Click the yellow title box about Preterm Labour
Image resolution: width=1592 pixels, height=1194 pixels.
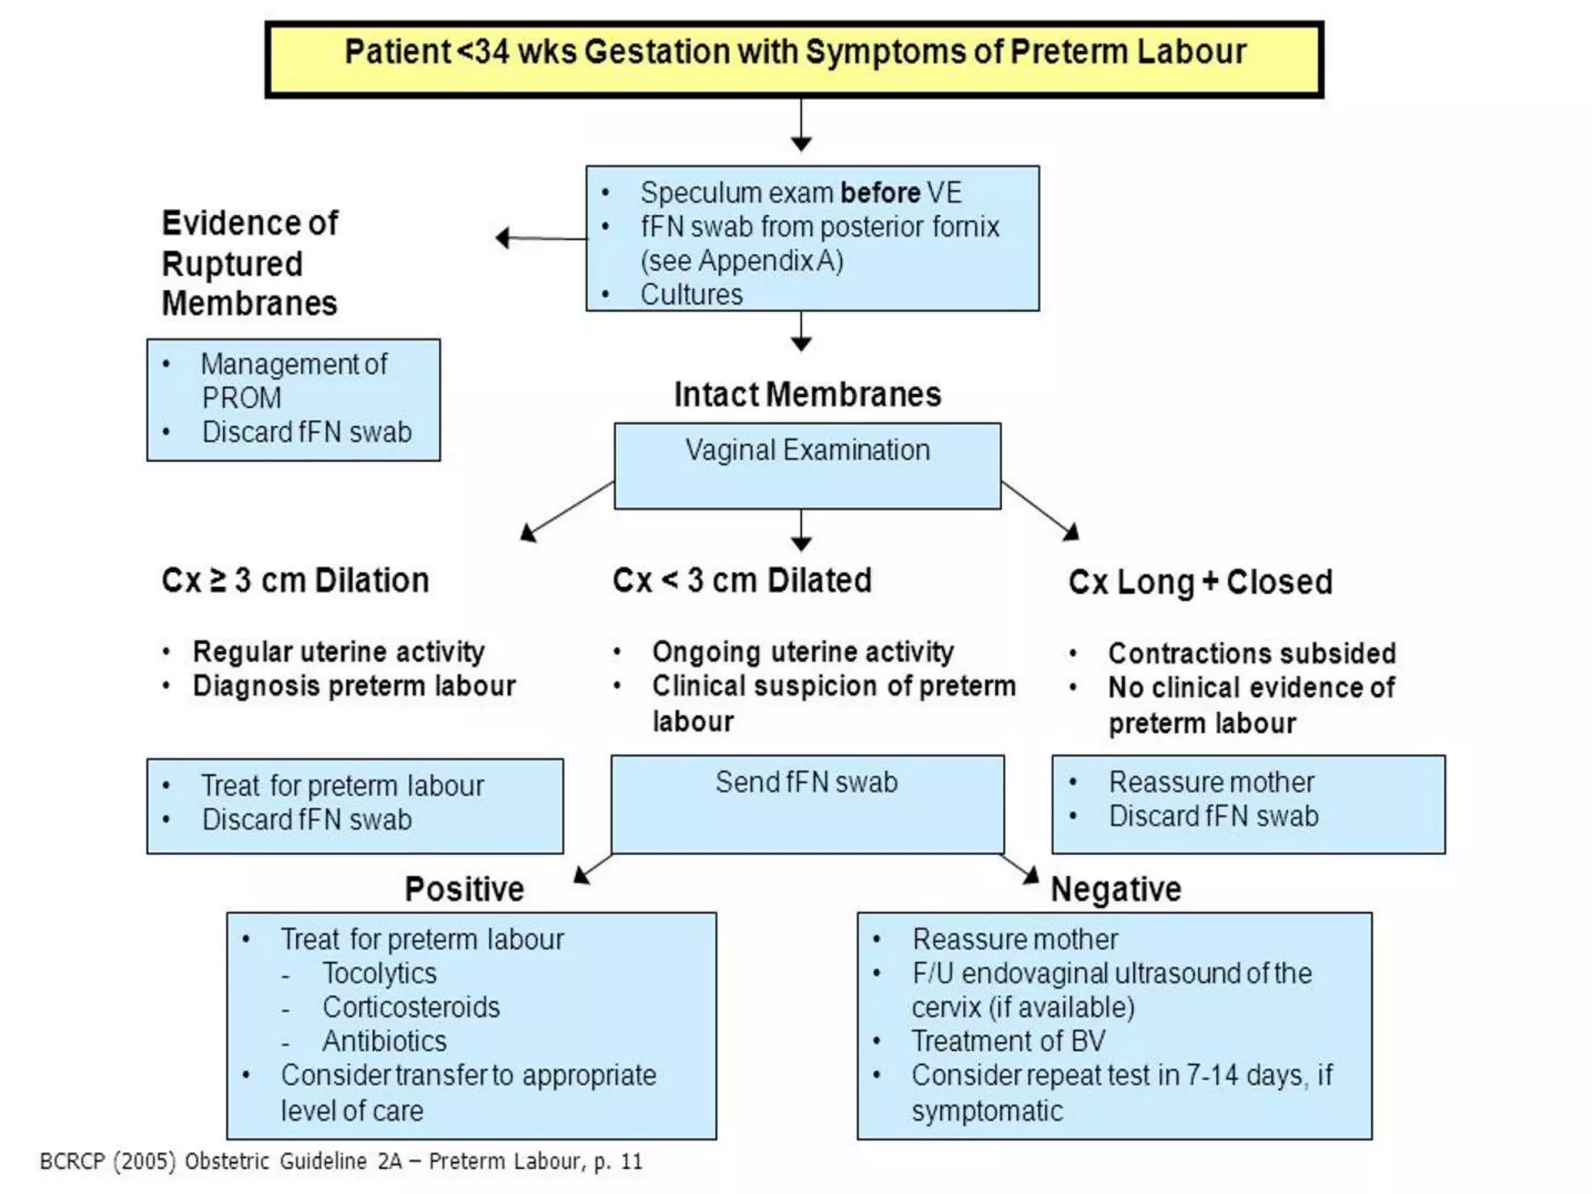pyautogui.click(x=794, y=59)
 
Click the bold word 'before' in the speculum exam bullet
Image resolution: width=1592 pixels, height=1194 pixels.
pyautogui.click(x=880, y=193)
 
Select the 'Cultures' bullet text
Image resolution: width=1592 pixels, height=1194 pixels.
pyautogui.click(x=691, y=295)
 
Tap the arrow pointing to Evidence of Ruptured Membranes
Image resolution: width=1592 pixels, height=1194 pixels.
pyautogui.click(x=540, y=238)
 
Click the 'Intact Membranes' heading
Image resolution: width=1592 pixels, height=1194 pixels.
pyautogui.click(x=807, y=394)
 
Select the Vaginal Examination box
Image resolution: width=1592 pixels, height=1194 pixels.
pyautogui.click(x=807, y=466)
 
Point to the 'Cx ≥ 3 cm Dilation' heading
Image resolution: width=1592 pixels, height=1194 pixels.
pyautogui.click(x=295, y=581)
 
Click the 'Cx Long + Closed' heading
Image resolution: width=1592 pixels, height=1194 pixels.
pyautogui.click(x=1199, y=582)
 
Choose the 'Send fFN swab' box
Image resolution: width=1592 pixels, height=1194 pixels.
pyautogui.click(x=807, y=804)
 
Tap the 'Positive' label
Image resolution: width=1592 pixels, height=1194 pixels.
pyautogui.click(x=464, y=889)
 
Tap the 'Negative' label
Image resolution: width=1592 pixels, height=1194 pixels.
pyautogui.click(x=1115, y=889)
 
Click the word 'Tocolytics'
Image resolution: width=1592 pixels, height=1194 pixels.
pyautogui.click(x=379, y=973)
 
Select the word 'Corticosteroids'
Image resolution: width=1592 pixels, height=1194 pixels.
pyautogui.click(x=410, y=1007)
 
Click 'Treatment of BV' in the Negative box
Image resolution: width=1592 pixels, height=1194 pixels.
pyautogui.click(x=1007, y=1041)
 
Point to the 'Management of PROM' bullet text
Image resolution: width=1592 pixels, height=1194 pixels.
pyautogui.click(x=293, y=380)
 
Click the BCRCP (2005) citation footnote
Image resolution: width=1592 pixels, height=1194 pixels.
pyautogui.click(x=341, y=1161)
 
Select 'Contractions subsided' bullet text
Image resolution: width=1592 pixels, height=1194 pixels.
pyautogui.click(x=1252, y=653)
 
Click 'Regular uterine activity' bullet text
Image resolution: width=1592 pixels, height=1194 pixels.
pyautogui.click(x=338, y=651)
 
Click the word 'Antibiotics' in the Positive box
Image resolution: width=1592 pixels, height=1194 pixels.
pyautogui.click(x=384, y=1041)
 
